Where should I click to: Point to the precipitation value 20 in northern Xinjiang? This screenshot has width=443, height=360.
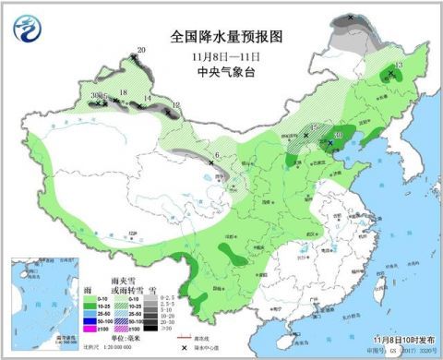coord(141,50)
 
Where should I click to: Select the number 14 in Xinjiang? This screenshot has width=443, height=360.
coord(148,98)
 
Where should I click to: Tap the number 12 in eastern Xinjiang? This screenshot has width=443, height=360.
coord(174,106)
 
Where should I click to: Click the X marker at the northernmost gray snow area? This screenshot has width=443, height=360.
coord(352,18)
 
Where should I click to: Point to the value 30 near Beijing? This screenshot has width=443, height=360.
coord(338,136)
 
